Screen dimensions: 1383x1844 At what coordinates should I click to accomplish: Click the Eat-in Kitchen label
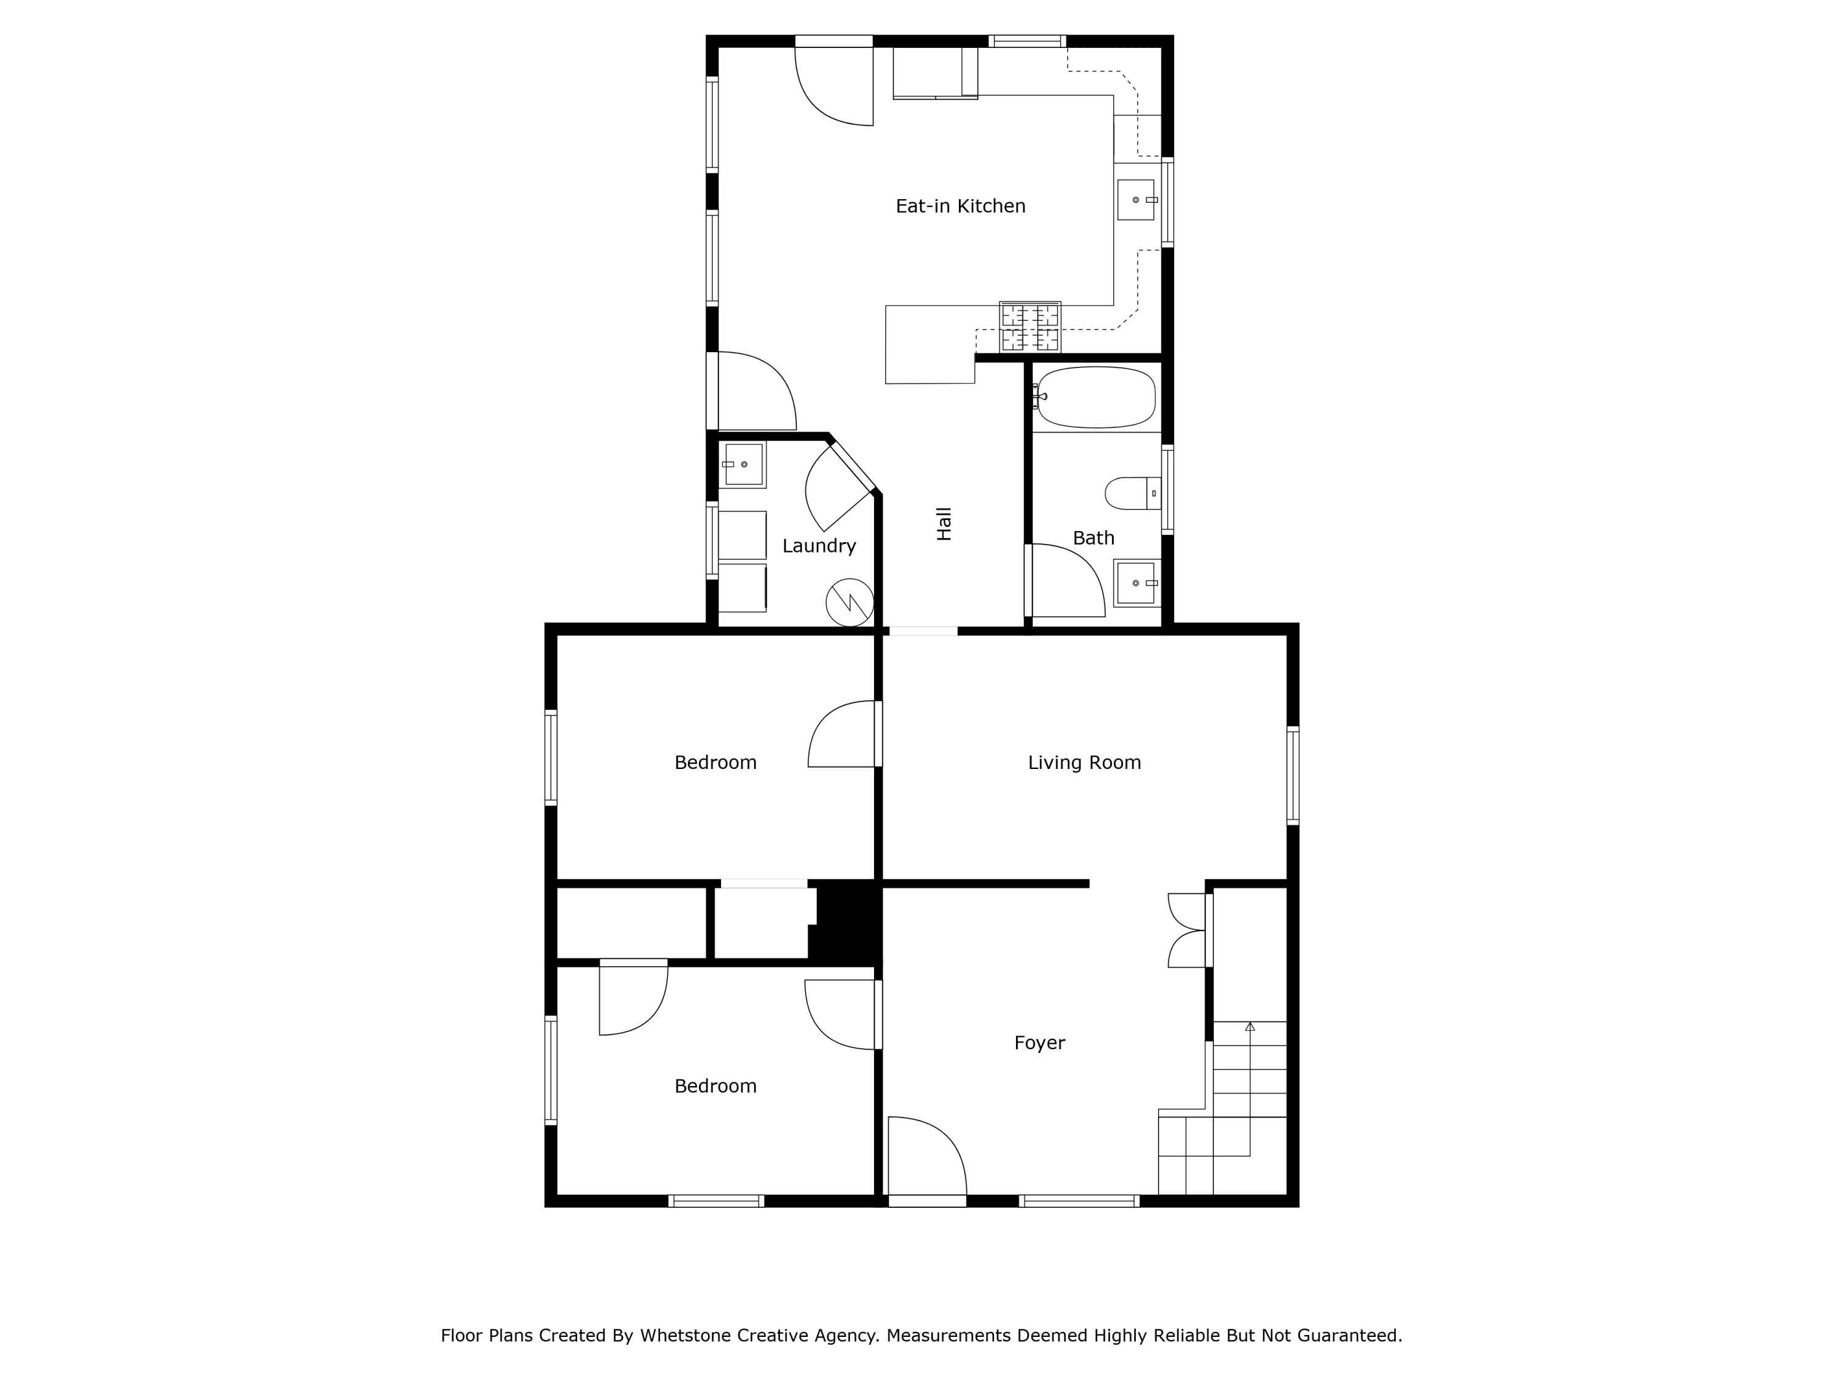[x=960, y=206]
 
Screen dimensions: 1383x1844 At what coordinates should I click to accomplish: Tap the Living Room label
[x=1084, y=762]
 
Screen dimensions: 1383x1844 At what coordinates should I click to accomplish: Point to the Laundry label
[x=819, y=545]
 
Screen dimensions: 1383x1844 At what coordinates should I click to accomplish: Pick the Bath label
[x=1093, y=538]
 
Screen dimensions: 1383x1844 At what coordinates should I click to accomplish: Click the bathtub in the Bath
[x=1095, y=398]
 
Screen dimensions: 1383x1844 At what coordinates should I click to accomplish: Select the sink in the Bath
[x=1137, y=583]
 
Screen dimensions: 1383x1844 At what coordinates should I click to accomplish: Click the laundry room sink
[x=742, y=464]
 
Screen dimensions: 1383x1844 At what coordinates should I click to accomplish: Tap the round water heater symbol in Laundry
[x=849, y=602]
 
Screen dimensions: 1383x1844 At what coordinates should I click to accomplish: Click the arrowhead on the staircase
[x=1250, y=1027]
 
